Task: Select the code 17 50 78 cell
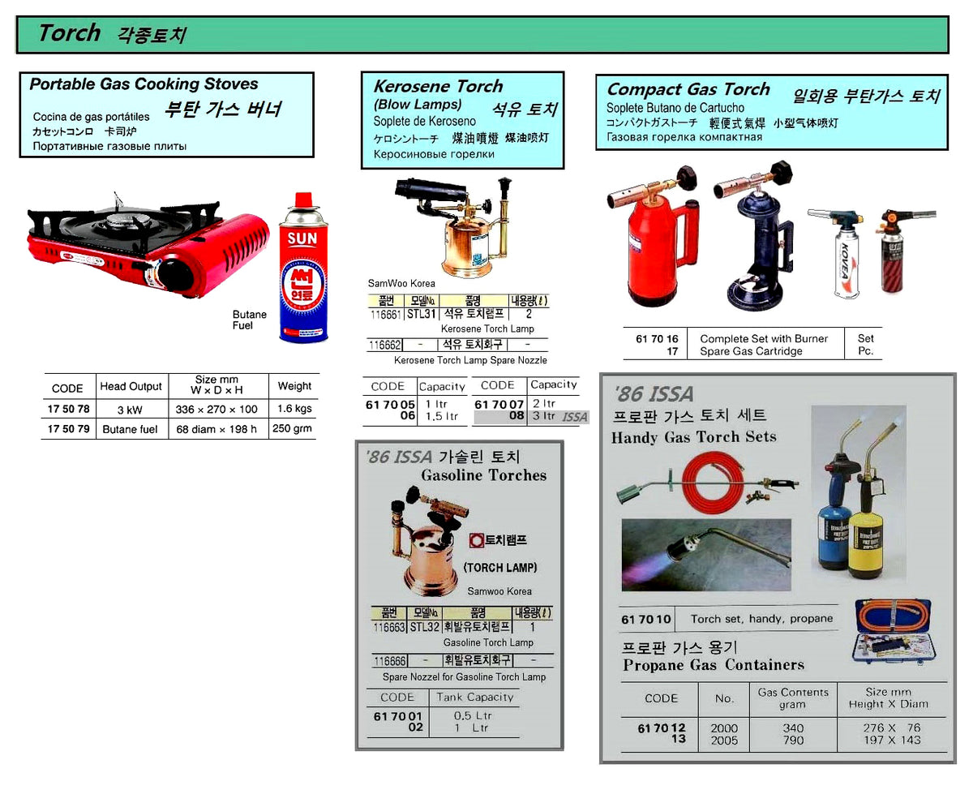(x=68, y=410)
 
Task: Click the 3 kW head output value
(x=130, y=410)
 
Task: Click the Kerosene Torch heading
(x=438, y=86)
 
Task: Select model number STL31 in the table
(x=422, y=313)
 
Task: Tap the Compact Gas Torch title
(x=688, y=89)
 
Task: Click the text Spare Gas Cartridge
(x=751, y=351)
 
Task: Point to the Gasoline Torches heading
(x=483, y=475)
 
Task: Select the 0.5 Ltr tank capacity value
(x=473, y=715)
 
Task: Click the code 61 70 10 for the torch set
(x=646, y=619)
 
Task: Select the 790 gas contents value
(x=793, y=740)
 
